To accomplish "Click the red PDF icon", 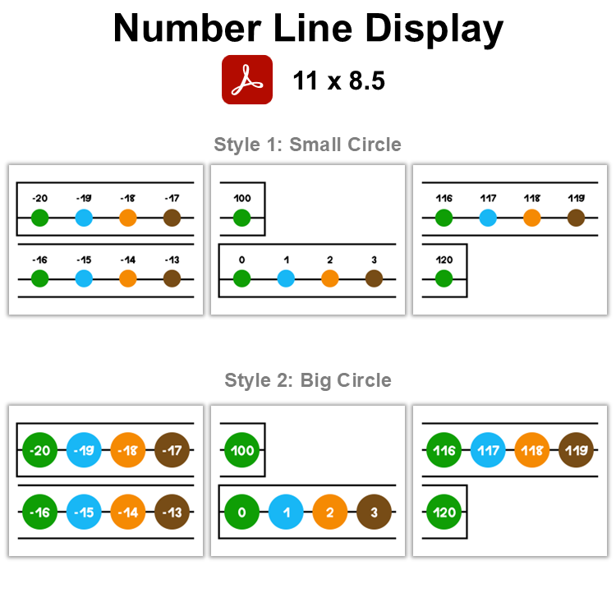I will [x=246, y=80].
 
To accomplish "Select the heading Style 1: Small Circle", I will [x=307, y=145].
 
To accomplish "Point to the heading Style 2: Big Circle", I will [x=307, y=380].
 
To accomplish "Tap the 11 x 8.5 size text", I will [x=338, y=80].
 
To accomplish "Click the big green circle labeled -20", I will [x=39, y=450].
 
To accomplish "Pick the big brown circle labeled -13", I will [x=172, y=512].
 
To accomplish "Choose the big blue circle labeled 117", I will [x=488, y=450].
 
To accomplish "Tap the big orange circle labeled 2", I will [x=329, y=512].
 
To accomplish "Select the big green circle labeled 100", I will [x=241, y=450].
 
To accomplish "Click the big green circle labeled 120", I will [x=444, y=512].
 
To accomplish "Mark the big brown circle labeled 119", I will [x=576, y=450].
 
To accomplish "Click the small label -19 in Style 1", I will [x=83, y=198].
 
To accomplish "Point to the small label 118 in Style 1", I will [x=531, y=198].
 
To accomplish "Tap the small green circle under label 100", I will [x=241, y=218].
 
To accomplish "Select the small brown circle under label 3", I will [x=374, y=278].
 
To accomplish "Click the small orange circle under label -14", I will [x=127, y=278].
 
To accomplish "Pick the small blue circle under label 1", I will [x=286, y=278].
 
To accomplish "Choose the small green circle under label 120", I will [x=444, y=278].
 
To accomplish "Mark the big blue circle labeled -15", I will [x=84, y=512].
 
